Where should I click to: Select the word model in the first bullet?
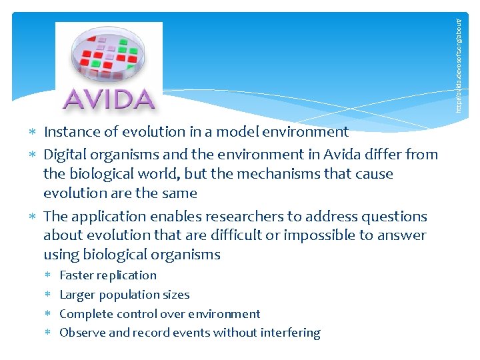coord(244,132)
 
